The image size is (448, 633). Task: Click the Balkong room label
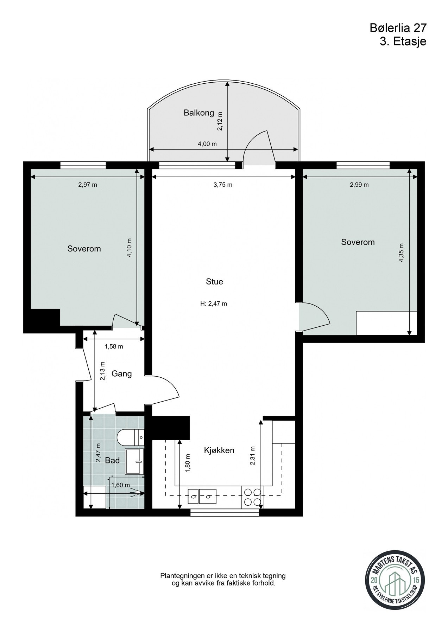199,113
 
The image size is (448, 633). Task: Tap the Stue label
214,282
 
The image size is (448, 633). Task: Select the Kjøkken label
219,450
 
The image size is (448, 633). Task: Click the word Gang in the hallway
122,374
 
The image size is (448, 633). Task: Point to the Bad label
113,460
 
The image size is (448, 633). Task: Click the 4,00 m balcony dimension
207,144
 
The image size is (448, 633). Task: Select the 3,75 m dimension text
223,185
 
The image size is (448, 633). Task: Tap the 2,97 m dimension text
88,185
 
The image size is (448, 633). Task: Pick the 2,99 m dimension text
359,185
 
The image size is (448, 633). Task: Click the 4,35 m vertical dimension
402,253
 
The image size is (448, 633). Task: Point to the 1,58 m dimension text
114,347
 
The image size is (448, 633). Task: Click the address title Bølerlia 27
398,28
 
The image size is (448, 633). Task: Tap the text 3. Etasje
403,41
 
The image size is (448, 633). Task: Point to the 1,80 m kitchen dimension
187,467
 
